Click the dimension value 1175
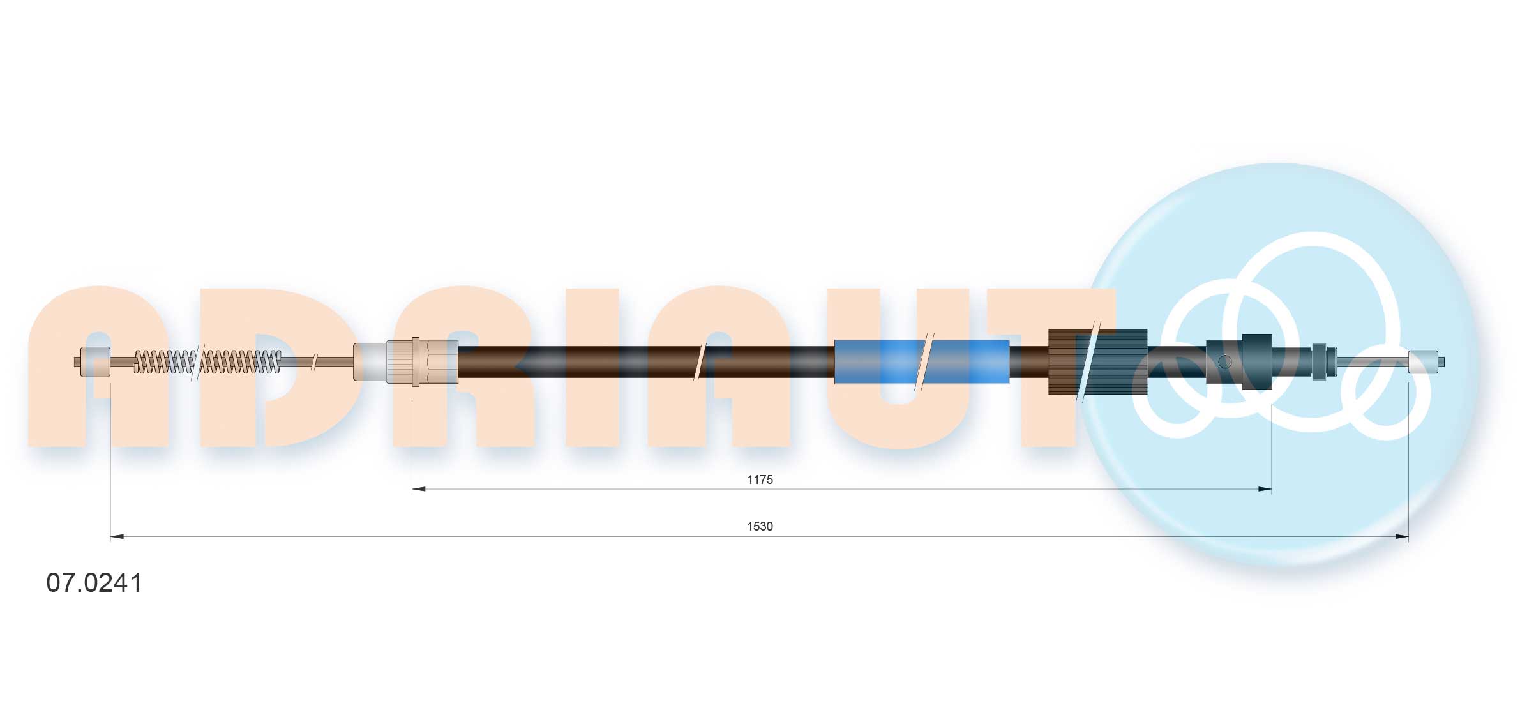click(x=760, y=479)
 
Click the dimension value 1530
click(x=760, y=526)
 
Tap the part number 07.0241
click(x=94, y=583)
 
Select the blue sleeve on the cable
click(x=922, y=362)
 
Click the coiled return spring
click(x=207, y=362)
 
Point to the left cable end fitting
click(x=93, y=362)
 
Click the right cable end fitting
click(x=1426, y=362)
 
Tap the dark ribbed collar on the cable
click(x=1098, y=362)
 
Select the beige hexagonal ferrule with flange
click(x=422, y=362)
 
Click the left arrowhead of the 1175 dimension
click(x=419, y=490)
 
